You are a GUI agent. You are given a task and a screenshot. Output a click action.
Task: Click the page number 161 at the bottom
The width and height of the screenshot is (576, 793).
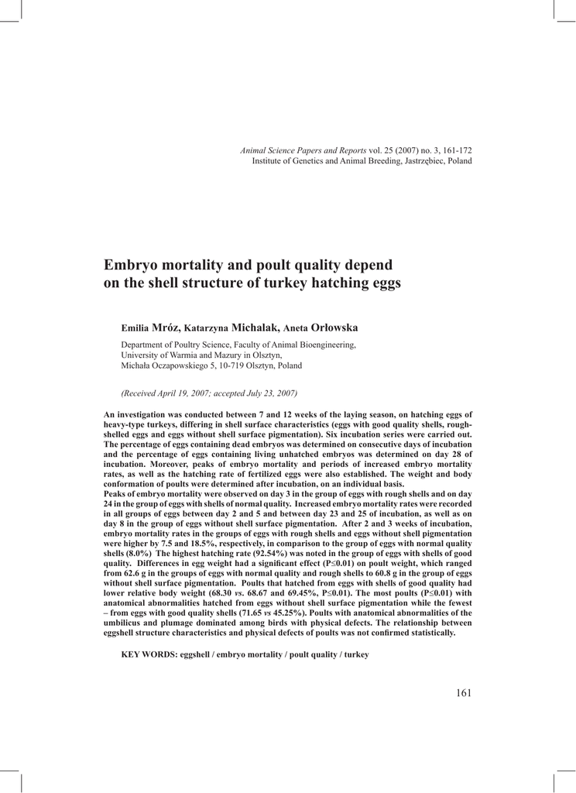(x=464, y=693)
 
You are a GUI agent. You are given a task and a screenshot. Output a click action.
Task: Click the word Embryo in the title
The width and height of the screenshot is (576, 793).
(x=132, y=265)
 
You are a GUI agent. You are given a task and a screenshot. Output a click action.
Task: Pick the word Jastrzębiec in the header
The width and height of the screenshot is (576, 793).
(x=417, y=161)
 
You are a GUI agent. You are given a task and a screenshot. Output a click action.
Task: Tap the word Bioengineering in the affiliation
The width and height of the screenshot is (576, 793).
(x=326, y=345)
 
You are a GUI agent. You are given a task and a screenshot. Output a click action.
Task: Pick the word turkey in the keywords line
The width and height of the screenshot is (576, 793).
(x=357, y=654)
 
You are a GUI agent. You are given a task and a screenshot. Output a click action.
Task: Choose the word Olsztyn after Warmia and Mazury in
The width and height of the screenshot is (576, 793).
(x=266, y=355)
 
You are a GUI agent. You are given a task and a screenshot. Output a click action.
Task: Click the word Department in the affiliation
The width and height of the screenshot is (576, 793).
(x=144, y=345)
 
